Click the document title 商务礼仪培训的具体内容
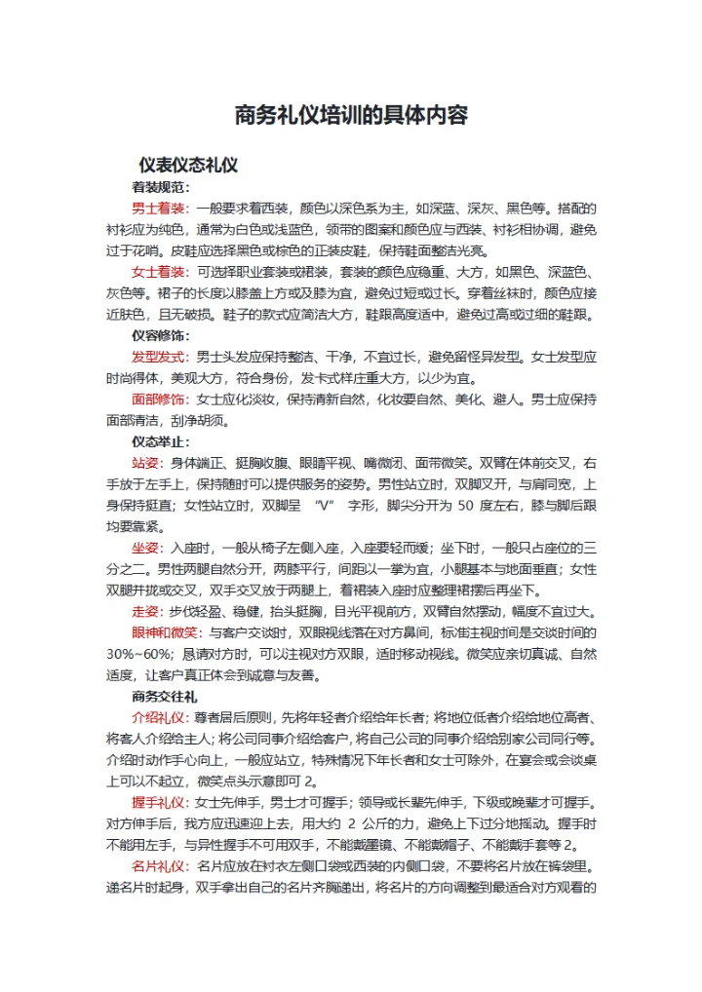351,116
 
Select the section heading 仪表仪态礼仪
188,165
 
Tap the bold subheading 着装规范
161,187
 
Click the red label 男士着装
161,209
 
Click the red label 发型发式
161,357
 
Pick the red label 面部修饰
161,399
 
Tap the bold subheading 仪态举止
161,441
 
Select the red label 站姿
147,462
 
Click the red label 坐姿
147,548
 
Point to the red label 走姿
147,611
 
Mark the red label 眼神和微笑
168,632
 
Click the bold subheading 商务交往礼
165,697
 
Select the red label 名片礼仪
161,865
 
